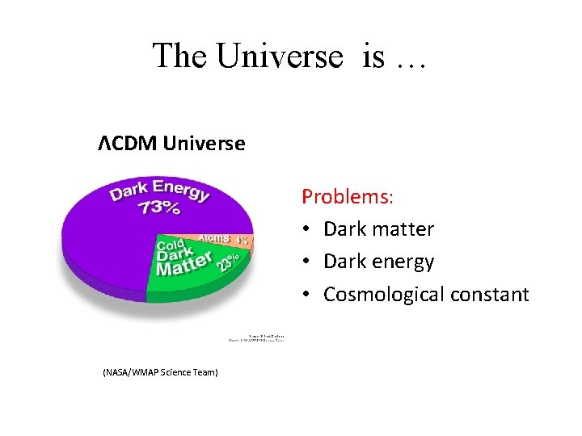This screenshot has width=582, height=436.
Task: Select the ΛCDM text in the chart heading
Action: tap(128, 144)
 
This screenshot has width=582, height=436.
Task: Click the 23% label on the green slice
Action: tap(226, 262)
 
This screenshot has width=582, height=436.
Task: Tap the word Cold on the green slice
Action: tap(171, 245)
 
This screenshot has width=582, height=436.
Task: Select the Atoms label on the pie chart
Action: tap(215, 239)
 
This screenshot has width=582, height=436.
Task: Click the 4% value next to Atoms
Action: tap(242, 240)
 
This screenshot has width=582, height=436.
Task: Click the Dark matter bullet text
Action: tap(378, 229)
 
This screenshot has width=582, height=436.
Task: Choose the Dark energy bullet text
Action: tap(378, 262)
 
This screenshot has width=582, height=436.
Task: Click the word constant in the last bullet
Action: tap(488, 295)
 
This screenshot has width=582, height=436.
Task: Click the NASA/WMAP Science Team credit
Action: tap(160, 372)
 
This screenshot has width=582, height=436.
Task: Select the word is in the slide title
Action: tap(373, 57)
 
